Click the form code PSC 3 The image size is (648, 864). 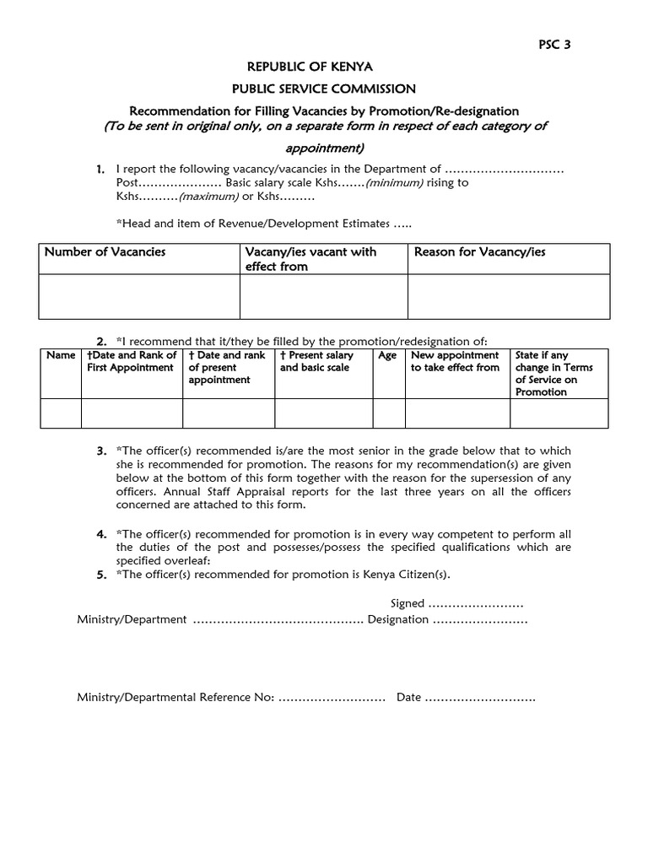point(555,45)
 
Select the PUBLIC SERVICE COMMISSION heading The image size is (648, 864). point(324,89)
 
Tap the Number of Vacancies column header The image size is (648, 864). point(105,252)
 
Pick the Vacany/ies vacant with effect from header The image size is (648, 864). point(310,259)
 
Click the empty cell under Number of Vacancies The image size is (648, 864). point(139,296)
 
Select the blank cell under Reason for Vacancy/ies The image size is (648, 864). point(509,296)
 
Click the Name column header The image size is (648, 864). point(61,356)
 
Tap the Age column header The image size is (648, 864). point(387,356)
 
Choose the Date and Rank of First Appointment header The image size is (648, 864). point(132,362)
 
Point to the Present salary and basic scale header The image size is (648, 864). point(318,362)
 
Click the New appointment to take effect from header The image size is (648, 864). point(456,362)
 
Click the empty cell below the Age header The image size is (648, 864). point(389,413)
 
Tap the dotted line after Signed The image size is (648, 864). point(476,604)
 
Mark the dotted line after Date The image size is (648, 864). point(479,698)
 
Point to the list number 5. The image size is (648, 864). point(101,575)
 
